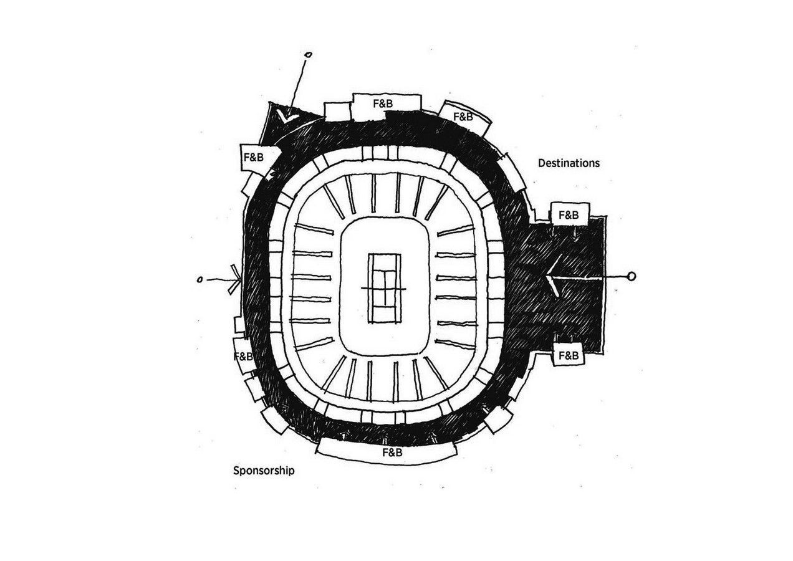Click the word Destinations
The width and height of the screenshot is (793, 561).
[569, 163]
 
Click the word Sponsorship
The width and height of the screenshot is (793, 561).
[264, 471]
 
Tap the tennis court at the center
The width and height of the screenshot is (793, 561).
[385, 288]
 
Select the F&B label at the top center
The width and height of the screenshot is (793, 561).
[383, 103]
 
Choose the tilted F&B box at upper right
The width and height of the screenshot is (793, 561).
[464, 118]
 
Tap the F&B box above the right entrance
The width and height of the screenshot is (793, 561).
[570, 214]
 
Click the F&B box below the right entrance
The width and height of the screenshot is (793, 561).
[568, 354]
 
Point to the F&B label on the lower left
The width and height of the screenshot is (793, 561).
[244, 357]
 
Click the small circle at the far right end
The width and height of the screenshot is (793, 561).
[631, 276]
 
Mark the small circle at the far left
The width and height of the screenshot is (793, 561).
[200, 280]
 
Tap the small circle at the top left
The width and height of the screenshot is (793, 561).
[309, 55]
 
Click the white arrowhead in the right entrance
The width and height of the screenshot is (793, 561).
[552, 277]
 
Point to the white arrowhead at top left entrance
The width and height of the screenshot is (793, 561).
[288, 116]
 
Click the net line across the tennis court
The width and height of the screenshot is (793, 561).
[384, 289]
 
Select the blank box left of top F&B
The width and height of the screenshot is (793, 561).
[338, 112]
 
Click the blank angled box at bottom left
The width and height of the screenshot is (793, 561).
[276, 420]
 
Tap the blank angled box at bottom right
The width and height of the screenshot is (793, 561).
[499, 419]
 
